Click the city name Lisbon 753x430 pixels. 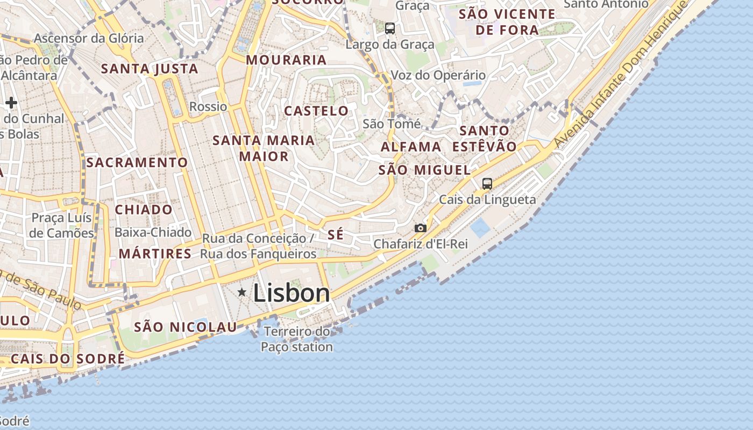291,293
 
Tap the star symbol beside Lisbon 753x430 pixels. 242,292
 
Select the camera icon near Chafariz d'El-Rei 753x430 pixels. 421,228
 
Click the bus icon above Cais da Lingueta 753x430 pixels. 487,184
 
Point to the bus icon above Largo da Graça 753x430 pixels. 390,28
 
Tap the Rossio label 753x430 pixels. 208,106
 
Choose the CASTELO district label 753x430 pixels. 316,111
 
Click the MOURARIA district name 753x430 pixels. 286,60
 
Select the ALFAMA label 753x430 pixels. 411,146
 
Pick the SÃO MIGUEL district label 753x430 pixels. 424,170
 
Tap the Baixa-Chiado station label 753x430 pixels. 153,232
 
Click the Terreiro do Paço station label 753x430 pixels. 297,339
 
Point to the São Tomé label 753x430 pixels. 392,124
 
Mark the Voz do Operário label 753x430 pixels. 438,75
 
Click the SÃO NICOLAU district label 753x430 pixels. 185,327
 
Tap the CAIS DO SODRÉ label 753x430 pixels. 68,359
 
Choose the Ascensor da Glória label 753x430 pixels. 89,38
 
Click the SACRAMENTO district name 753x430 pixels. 137,162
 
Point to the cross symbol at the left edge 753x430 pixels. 11,103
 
